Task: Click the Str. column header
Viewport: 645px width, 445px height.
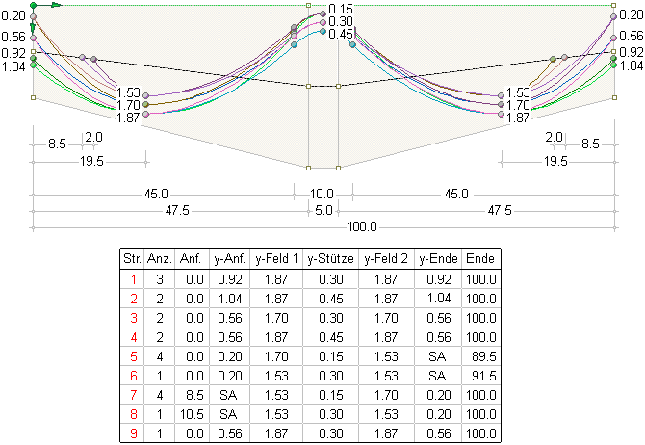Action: pyautogui.click(x=131, y=259)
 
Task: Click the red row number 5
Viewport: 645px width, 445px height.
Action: pyautogui.click(x=131, y=355)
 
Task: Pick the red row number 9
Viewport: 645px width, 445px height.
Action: pyautogui.click(x=131, y=432)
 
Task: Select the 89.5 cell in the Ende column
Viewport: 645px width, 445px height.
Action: pyautogui.click(x=479, y=355)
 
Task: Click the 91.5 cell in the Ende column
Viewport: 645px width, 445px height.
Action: pyautogui.click(x=479, y=375)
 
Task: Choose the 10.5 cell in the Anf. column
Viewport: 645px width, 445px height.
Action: pyautogui.click(x=191, y=413)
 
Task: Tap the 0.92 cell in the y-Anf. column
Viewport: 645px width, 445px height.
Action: pyautogui.click(x=231, y=278)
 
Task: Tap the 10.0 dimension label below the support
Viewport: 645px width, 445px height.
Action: pyautogui.click(x=322, y=194)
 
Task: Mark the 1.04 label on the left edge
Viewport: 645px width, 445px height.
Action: pyautogui.click(x=13, y=66)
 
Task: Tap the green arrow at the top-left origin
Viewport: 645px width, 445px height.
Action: pyautogui.click(x=53, y=5)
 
